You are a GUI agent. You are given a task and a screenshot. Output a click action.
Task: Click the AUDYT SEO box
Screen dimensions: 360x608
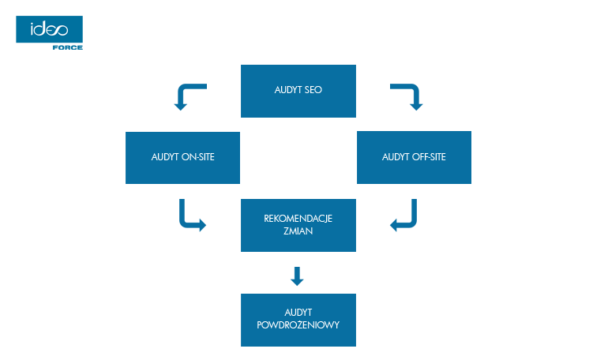click(x=298, y=91)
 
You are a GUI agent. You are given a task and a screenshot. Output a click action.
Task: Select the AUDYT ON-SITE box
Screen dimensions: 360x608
click(x=183, y=157)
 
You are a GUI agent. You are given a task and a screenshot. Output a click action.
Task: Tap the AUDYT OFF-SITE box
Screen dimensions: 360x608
click(x=414, y=157)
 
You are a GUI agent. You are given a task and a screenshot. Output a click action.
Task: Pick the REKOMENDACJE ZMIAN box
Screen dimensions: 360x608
click(x=298, y=225)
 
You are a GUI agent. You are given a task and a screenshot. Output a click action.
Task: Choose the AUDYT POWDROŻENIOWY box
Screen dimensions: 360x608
click(x=298, y=320)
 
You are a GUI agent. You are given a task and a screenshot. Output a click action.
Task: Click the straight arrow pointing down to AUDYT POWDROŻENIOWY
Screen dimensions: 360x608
click(x=297, y=276)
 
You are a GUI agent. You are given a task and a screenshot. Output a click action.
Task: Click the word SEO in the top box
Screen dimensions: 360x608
click(x=313, y=90)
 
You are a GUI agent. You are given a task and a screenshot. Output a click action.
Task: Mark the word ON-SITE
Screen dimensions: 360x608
click(x=198, y=157)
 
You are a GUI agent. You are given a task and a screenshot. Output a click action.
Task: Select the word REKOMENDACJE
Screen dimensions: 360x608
click(x=298, y=219)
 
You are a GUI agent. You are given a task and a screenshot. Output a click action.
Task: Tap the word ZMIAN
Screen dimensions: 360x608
click(x=298, y=232)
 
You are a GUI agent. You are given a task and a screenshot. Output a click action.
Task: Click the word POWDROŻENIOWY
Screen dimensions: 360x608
click(x=298, y=325)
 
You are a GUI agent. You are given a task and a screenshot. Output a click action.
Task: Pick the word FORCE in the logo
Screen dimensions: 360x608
click(x=68, y=47)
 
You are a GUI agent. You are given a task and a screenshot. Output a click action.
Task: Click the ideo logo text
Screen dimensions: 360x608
click(x=49, y=30)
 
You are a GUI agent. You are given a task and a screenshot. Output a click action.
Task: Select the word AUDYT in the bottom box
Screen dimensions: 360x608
click(x=298, y=313)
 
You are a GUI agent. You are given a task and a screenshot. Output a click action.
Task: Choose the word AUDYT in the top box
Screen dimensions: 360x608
click(x=287, y=90)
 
